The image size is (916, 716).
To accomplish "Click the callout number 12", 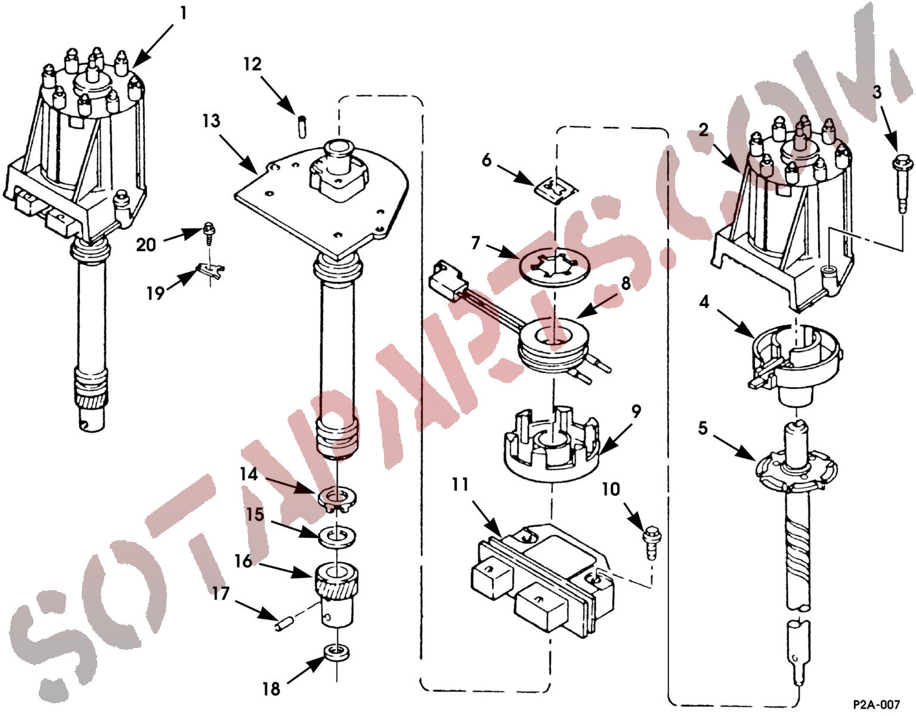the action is click(x=252, y=64).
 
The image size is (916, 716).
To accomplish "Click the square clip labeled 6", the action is click(x=556, y=190).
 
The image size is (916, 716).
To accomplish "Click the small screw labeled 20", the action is click(x=208, y=233).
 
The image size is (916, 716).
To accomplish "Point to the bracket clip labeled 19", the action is click(x=211, y=271).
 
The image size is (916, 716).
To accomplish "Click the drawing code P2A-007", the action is click(x=876, y=704).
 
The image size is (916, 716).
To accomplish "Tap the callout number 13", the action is click(x=211, y=121).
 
